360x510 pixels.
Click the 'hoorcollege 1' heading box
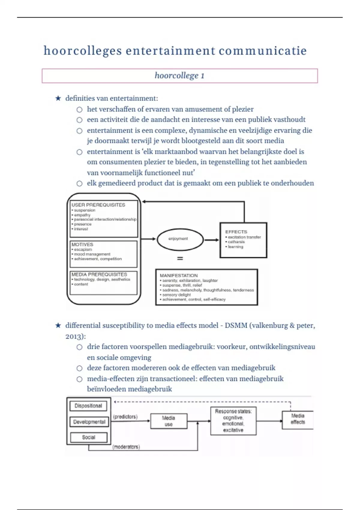point(179,76)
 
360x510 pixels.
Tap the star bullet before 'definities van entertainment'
point(58,98)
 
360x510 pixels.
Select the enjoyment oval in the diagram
point(180,239)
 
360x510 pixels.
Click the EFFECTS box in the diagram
point(243,240)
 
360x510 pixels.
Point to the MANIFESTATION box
point(206,287)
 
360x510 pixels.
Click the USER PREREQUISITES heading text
point(98,205)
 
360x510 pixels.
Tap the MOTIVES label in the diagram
point(82,244)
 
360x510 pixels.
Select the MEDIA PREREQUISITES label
point(99,274)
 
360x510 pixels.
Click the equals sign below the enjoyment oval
point(180,258)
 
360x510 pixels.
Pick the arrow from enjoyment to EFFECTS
point(211,240)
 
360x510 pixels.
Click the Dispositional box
point(88,406)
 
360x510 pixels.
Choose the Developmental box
point(89,422)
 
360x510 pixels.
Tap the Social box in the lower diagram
point(88,437)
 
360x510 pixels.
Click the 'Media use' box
point(169,421)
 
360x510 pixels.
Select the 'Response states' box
point(233,421)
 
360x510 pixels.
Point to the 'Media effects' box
point(298,419)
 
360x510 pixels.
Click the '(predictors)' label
point(125,417)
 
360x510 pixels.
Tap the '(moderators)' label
point(126,447)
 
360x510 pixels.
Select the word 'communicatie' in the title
point(262,51)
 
